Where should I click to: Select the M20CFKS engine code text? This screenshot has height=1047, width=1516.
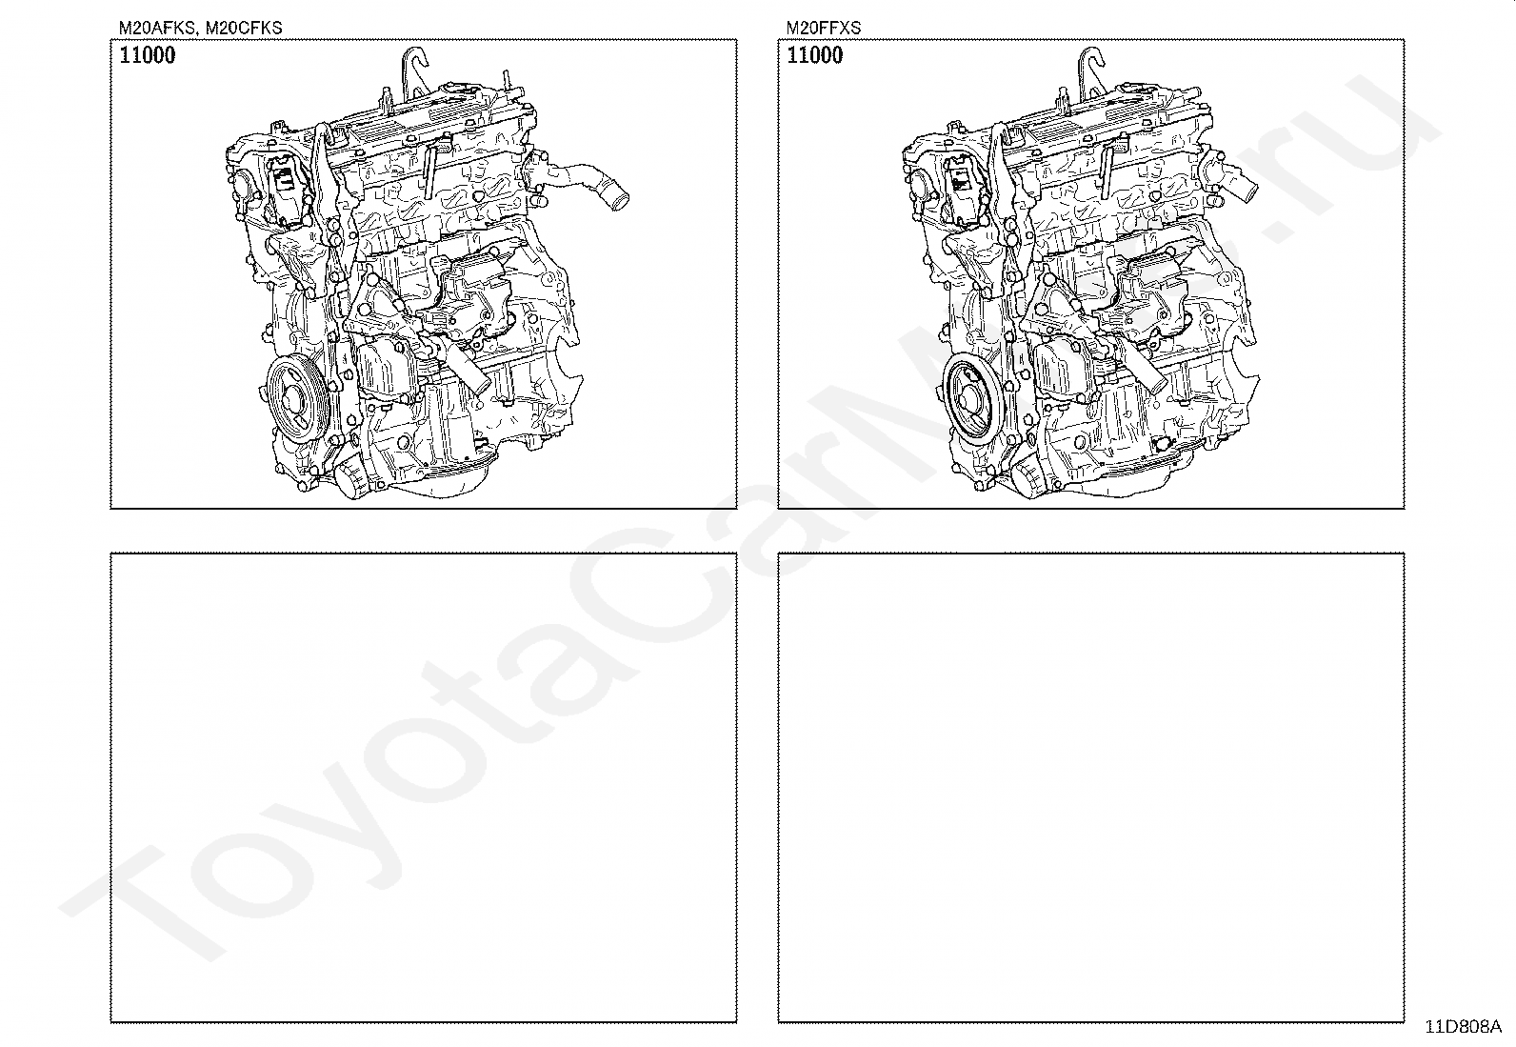pyautogui.click(x=244, y=28)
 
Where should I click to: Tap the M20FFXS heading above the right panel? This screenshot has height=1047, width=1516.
pyautogui.click(x=824, y=28)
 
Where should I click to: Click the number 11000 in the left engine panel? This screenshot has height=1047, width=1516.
pyautogui.click(x=147, y=55)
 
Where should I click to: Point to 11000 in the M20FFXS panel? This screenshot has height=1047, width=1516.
pyautogui.click(x=815, y=55)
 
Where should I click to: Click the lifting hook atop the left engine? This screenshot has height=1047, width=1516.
pyautogui.click(x=414, y=71)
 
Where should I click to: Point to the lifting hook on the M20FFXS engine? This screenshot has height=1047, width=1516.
pyautogui.click(x=1090, y=71)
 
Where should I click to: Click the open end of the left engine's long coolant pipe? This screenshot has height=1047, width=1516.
pyautogui.click(x=619, y=201)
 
